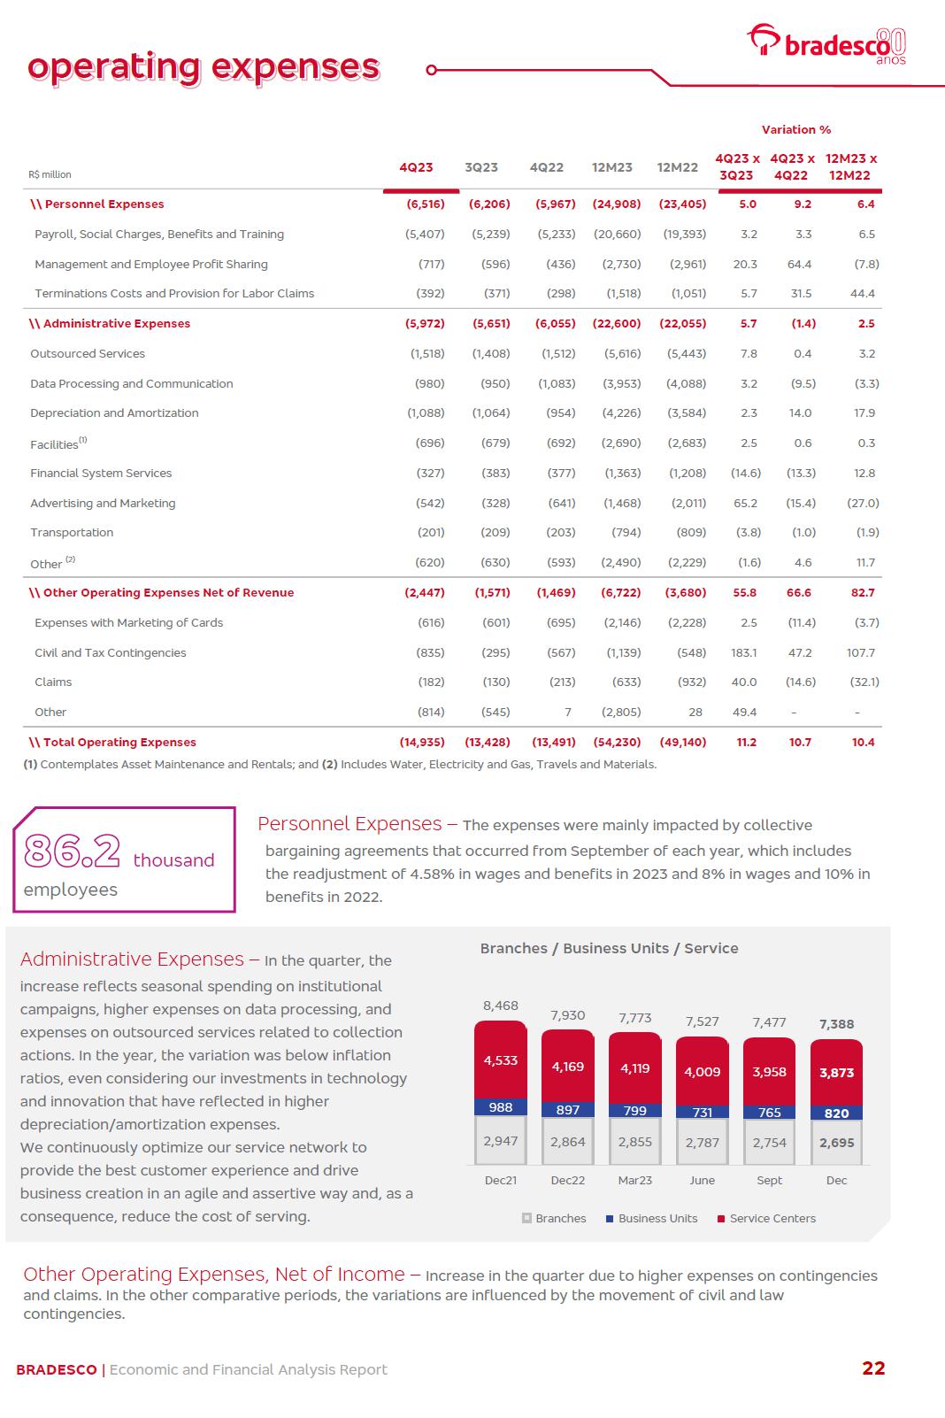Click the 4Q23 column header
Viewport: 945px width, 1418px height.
click(416, 167)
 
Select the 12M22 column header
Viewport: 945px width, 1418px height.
click(677, 167)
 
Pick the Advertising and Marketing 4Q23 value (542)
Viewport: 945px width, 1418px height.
click(431, 503)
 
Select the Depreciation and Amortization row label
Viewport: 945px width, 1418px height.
click(114, 413)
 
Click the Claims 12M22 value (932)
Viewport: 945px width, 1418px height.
click(688, 682)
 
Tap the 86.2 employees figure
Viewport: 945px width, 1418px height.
click(73, 852)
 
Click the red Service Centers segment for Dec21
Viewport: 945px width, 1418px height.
click(501, 1060)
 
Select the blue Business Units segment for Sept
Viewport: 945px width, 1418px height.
click(769, 1113)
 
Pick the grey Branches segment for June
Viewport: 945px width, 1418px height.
click(702, 1142)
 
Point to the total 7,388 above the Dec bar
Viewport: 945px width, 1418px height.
click(836, 1024)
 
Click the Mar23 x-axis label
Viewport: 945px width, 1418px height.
click(634, 1181)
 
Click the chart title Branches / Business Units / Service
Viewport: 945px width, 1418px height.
click(609, 949)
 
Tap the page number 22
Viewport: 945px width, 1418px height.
click(872, 1368)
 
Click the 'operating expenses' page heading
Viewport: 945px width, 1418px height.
click(204, 67)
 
